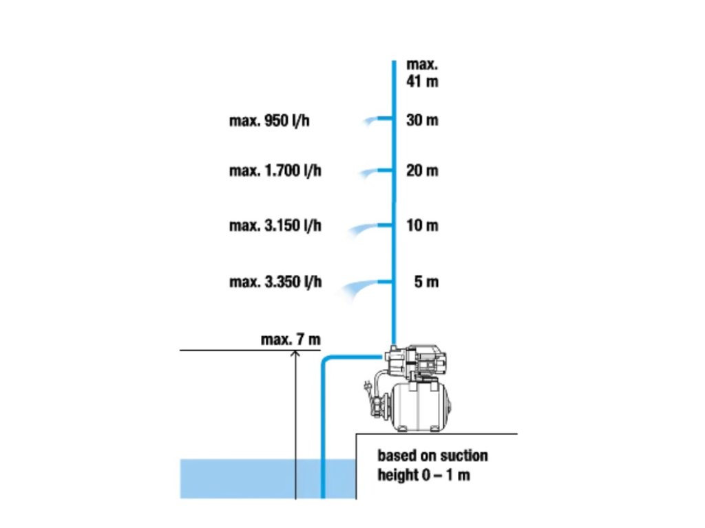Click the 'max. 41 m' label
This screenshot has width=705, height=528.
click(422, 73)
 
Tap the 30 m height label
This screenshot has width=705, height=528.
click(422, 120)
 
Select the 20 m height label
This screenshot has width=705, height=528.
click(422, 170)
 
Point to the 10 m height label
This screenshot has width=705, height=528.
click(422, 225)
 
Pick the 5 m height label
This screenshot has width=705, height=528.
click(426, 282)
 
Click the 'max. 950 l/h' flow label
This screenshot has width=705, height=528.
click(275, 121)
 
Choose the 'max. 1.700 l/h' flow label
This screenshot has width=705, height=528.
click(275, 170)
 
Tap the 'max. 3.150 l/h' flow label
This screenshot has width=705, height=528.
click(275, 225)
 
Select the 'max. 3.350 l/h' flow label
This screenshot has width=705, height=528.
click(275, 282)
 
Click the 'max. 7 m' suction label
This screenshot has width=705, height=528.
click(291, 339)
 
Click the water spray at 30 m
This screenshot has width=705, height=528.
click(374, 121)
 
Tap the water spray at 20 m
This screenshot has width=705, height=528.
click(372, 171)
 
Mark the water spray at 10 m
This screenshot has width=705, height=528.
click(365, 228)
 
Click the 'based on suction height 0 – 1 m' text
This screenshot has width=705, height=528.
click(432, 465)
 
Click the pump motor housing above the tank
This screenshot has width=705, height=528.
click(420, 360)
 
